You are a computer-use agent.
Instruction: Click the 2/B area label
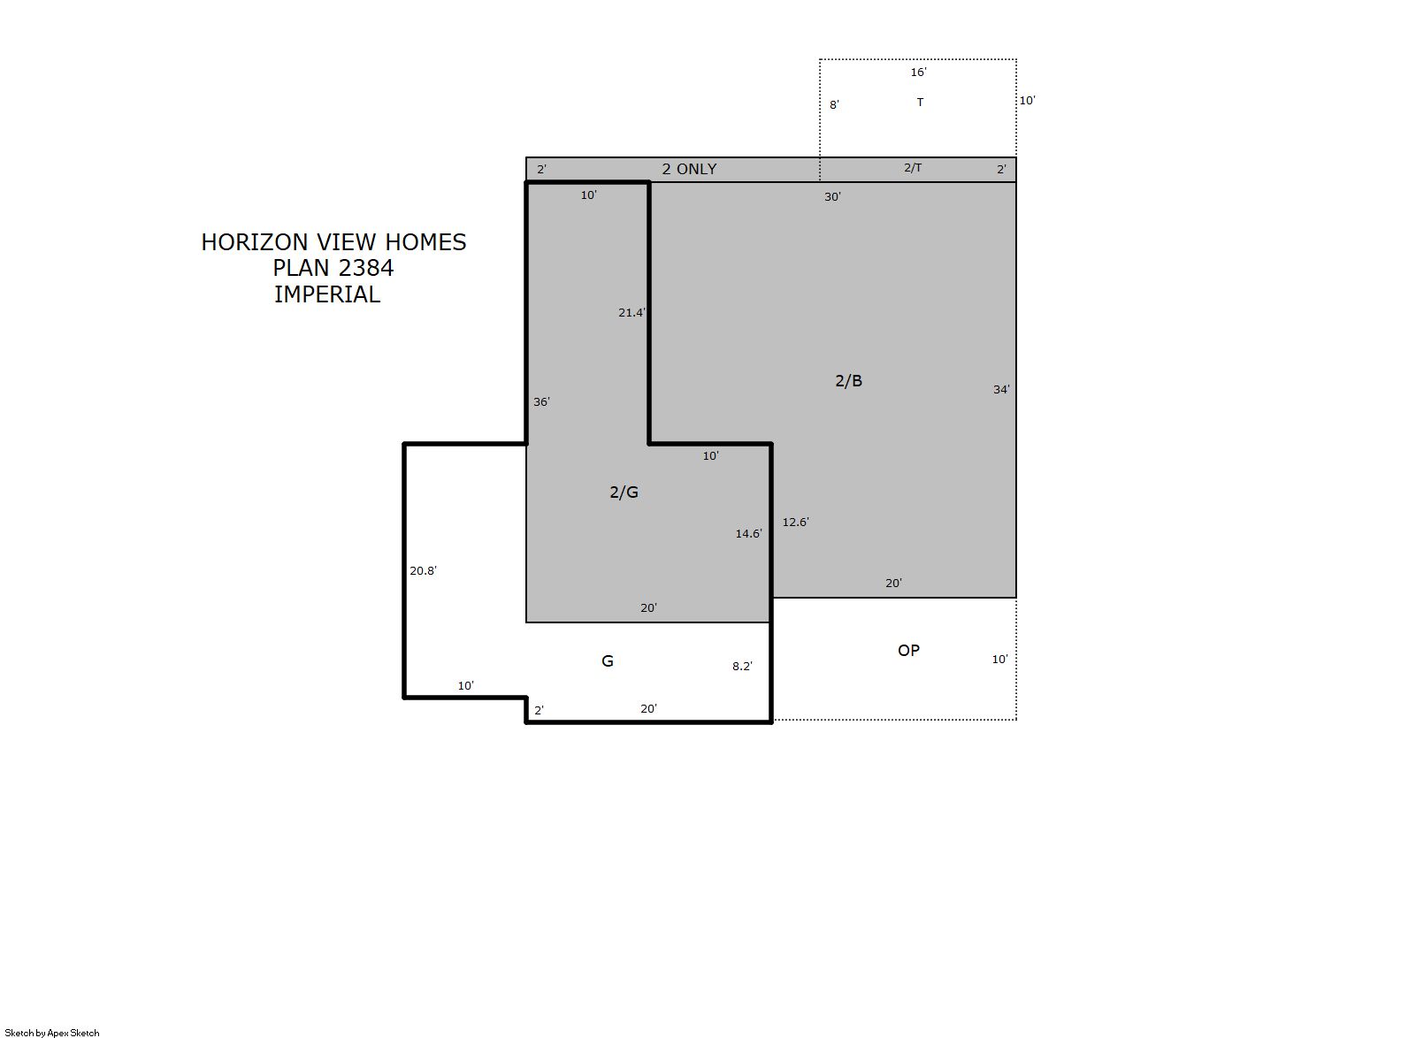pyautogui.click(x=848, y=381)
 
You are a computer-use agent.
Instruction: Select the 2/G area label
pyautogui.click(x=624, y=492)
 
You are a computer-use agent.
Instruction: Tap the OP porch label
pyautogui.click(x=908, y=651)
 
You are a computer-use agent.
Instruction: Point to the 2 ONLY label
pyautogui.click(x=689, y=169)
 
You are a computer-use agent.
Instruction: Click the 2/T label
pyautogui.click(x=913, y=168)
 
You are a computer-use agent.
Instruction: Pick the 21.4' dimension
pyautogui.click(x=632, y=313)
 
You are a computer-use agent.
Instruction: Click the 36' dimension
pyautogui.click(x=542, y=401)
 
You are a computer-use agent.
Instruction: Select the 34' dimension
pyautogui.click(x=1001, y=390)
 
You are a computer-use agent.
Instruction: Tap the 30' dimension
pyautogui.click(x=832, y=197)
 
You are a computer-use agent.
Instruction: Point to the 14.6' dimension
pyautogui.click(x=748, y=534)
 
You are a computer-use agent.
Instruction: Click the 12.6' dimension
pyautogui.click(x=796, y=523)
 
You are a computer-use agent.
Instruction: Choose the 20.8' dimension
pyautogui.click(x=423, y=571)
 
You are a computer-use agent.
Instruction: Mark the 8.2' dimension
pyautogui.click(x=743, y=667)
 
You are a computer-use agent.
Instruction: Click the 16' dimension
pyautogui.click(x=919, y=73)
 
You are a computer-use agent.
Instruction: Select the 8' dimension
pyautogui.click(x=834, y=105)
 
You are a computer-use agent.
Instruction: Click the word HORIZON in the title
pyautogui.click(x=255, y=242)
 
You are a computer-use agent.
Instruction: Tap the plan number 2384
pyautogui.click(x=365, y=269)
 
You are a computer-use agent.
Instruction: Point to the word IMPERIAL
pyautogui.click(x=327, y=295)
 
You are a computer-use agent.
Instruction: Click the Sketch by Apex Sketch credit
pyautogui.click(x=52, y=1033)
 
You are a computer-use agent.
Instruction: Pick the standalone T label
pyautogui.click(x=920, y=103)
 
